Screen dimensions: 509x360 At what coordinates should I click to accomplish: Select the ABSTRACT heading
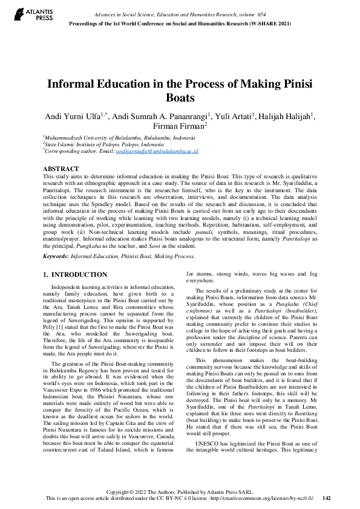coord(61,169)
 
